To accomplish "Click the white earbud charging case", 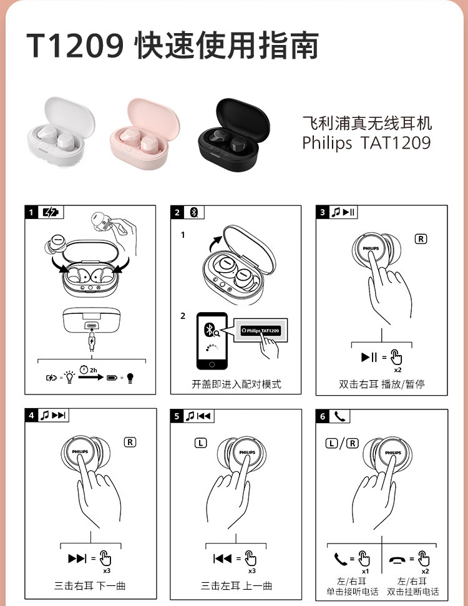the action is tap(61, 132).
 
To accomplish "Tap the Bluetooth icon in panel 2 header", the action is tap(194, 212).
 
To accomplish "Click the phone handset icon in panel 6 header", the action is tap(339, 416).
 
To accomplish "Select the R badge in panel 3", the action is tap(421, 239).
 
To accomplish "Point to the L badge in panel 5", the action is tap(200, 443).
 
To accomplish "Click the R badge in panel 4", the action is tap(130, 442).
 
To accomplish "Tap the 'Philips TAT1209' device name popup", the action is tap(260, 330).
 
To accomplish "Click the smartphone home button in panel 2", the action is tap(212, 364).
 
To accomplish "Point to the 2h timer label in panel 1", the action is tap(89, 370).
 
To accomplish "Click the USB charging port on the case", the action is tap(91, 325).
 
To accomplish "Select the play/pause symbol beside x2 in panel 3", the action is tap(369, 357).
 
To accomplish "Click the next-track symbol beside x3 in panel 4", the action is tap(77, 558).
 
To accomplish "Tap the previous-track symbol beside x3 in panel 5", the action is tap(223, 558).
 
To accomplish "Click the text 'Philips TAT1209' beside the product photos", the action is tap(366, 143).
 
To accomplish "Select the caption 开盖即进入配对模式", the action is tap(236, 384).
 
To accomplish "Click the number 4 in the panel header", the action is tap(31, 416).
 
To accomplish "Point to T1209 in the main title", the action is tap(76, 45).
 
